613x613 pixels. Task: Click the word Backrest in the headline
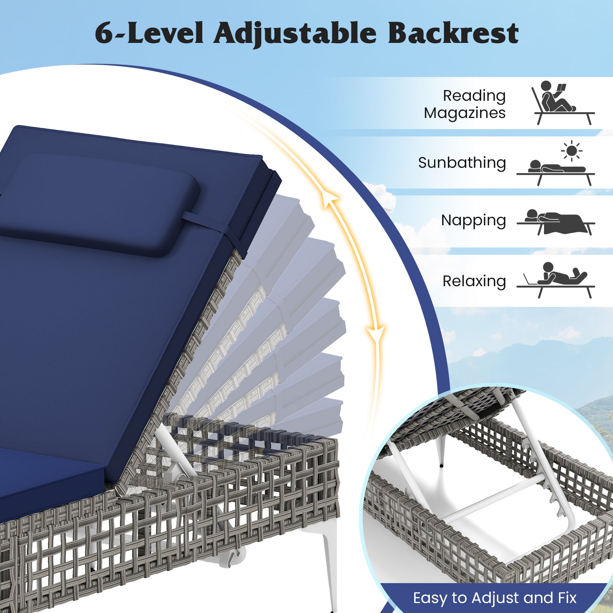coord(453,33)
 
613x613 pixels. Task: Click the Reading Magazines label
coord(465,104)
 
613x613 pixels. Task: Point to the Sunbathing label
coord(462,163)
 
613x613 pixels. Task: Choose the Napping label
coord(474,221)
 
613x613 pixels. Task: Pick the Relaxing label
coord(474,281)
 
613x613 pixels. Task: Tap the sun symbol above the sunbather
coord(572,151)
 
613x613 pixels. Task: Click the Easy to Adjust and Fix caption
coord(495,598)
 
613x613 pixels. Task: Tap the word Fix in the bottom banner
coord(565,598)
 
